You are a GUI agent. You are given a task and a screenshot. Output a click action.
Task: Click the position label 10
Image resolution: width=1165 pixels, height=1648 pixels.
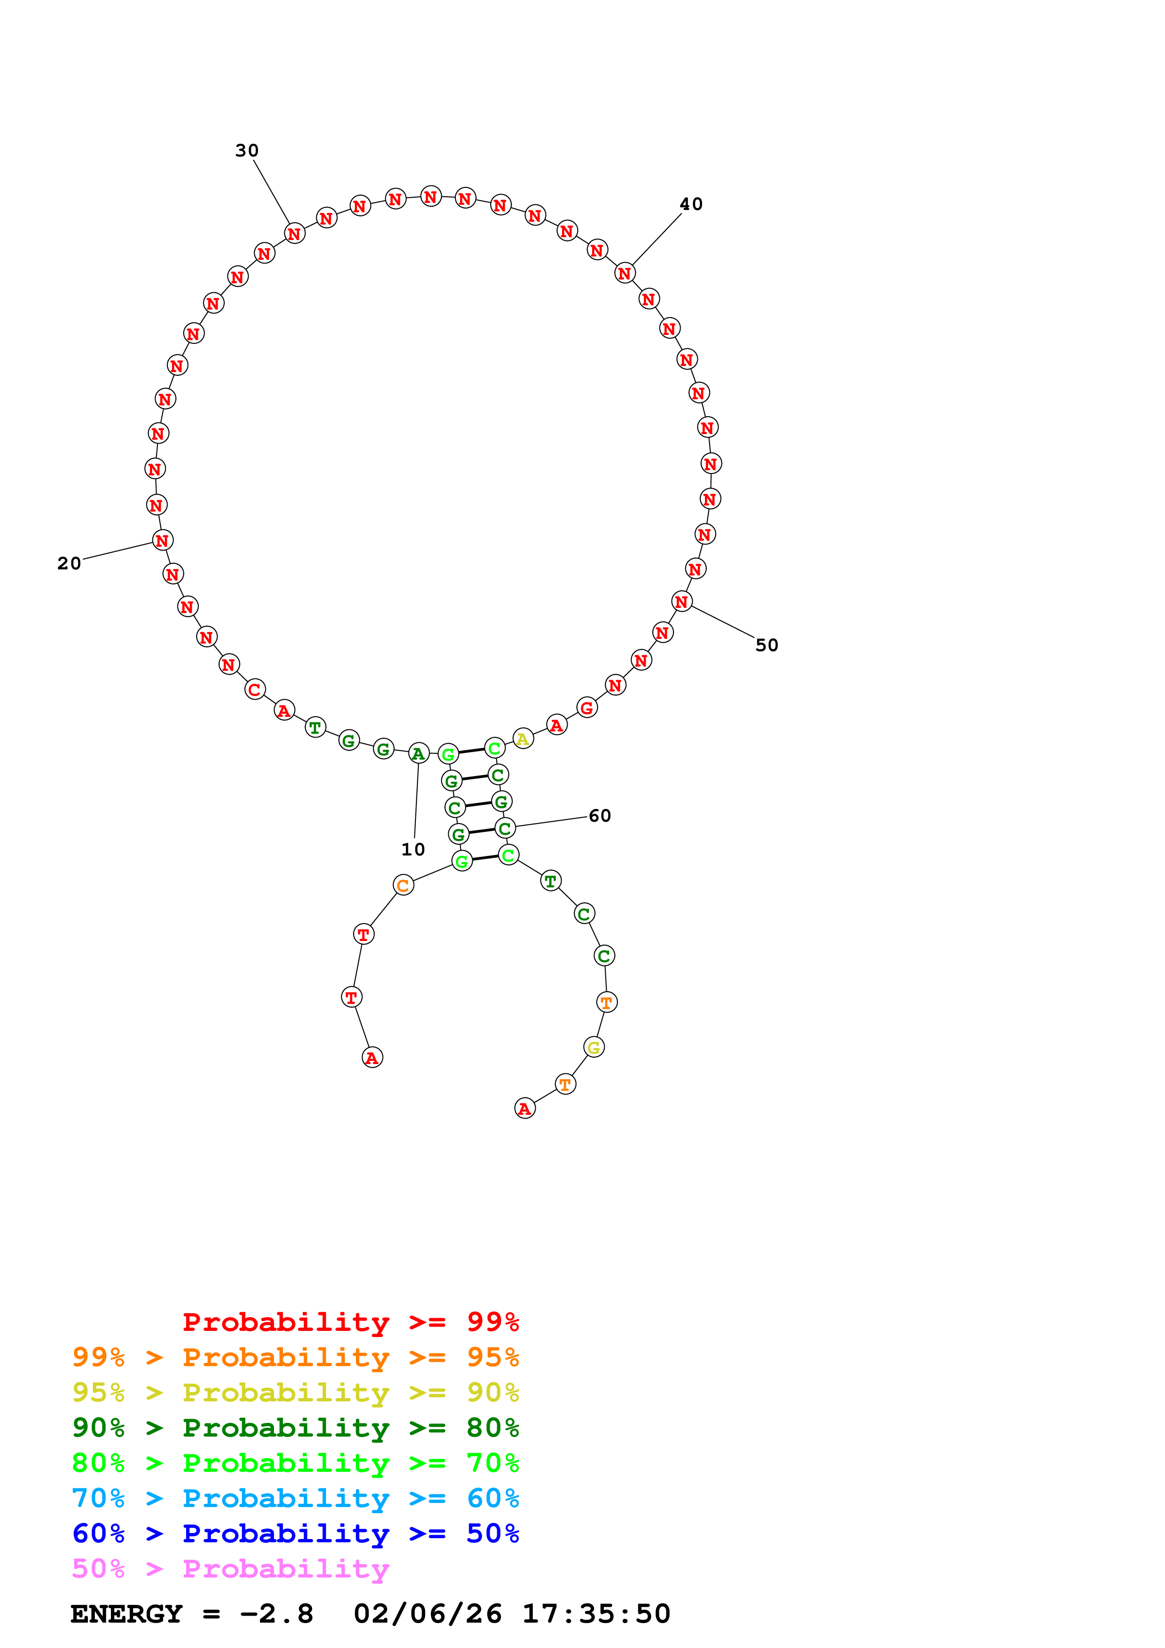pos(413,849)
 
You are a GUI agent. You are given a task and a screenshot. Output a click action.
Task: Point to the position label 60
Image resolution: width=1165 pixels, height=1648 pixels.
pos(599,816)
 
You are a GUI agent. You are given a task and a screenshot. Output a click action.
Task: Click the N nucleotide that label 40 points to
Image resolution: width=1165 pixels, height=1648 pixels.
pos(625,273)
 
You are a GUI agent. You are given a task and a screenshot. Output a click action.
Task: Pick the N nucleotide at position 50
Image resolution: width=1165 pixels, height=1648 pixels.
pos(682,601)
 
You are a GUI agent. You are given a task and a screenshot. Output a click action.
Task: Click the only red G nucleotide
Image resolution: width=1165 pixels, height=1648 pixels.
pos(587,707)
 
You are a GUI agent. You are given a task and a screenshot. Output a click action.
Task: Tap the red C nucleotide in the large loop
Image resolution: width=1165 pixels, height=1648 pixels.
pos(255,690)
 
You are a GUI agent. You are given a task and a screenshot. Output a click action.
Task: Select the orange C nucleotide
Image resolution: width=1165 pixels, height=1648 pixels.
pos(403,886)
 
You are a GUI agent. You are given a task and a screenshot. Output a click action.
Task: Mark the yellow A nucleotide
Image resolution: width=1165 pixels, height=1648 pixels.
pos(523,738)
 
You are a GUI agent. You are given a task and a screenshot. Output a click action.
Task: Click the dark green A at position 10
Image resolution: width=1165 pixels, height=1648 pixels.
pos(418,754)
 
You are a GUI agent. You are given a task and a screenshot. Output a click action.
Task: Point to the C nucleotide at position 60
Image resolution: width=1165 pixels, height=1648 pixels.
pos(505,828)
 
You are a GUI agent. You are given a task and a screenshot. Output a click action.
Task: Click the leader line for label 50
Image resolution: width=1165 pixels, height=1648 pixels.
pos(723,622)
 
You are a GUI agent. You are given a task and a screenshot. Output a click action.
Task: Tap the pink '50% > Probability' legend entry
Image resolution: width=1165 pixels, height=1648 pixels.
pos(230,1569)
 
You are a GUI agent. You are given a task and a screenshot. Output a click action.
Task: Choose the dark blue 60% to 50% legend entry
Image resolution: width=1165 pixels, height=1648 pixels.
pos(295,1534)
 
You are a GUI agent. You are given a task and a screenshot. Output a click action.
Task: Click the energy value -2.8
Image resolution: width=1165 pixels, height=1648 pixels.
pos(276,1614)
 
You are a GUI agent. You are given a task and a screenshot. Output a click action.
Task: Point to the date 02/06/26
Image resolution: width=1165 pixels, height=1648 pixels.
pos(427,1614)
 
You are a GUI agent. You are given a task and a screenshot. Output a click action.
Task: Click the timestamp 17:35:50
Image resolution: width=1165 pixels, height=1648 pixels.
pos(596,1614)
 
